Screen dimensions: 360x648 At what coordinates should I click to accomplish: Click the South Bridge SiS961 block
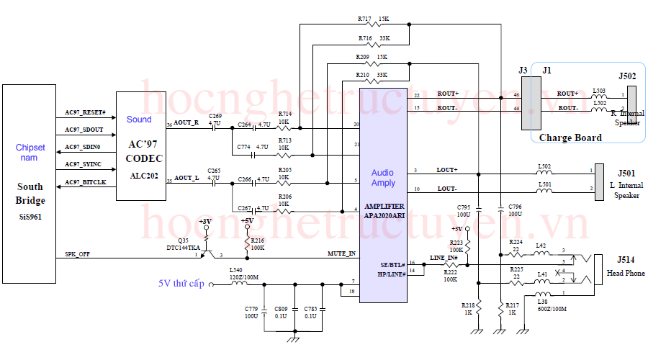(x=30, y=184)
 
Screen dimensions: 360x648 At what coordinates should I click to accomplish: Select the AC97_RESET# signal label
(x=85, y=113)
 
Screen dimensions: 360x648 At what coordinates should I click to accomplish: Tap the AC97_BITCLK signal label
(x=85, y=182)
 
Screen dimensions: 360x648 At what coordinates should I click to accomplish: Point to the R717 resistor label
(x=364, y=19)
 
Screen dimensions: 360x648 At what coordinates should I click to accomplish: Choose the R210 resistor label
(x=362, y=74)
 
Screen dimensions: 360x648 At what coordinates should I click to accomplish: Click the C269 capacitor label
(x=215, y=115)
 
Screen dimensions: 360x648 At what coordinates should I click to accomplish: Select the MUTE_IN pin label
(x=342, y=253)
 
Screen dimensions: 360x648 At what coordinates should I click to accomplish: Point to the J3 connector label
(x=523, y=70)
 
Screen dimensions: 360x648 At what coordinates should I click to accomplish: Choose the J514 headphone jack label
(x=627, y=259)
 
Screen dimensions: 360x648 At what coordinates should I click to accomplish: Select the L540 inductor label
(x=236, y=269)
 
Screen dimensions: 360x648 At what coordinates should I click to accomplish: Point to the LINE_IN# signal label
(x=444, y=258)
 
